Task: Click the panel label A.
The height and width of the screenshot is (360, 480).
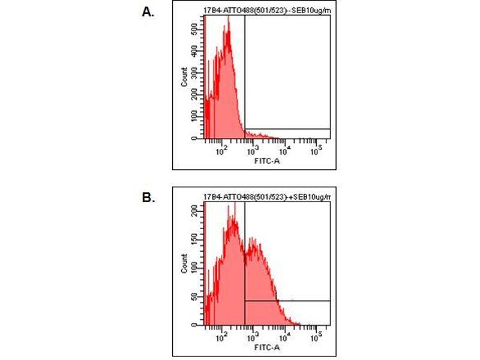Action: click(146, 11)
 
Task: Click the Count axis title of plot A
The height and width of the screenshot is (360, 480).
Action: click(184, 76)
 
